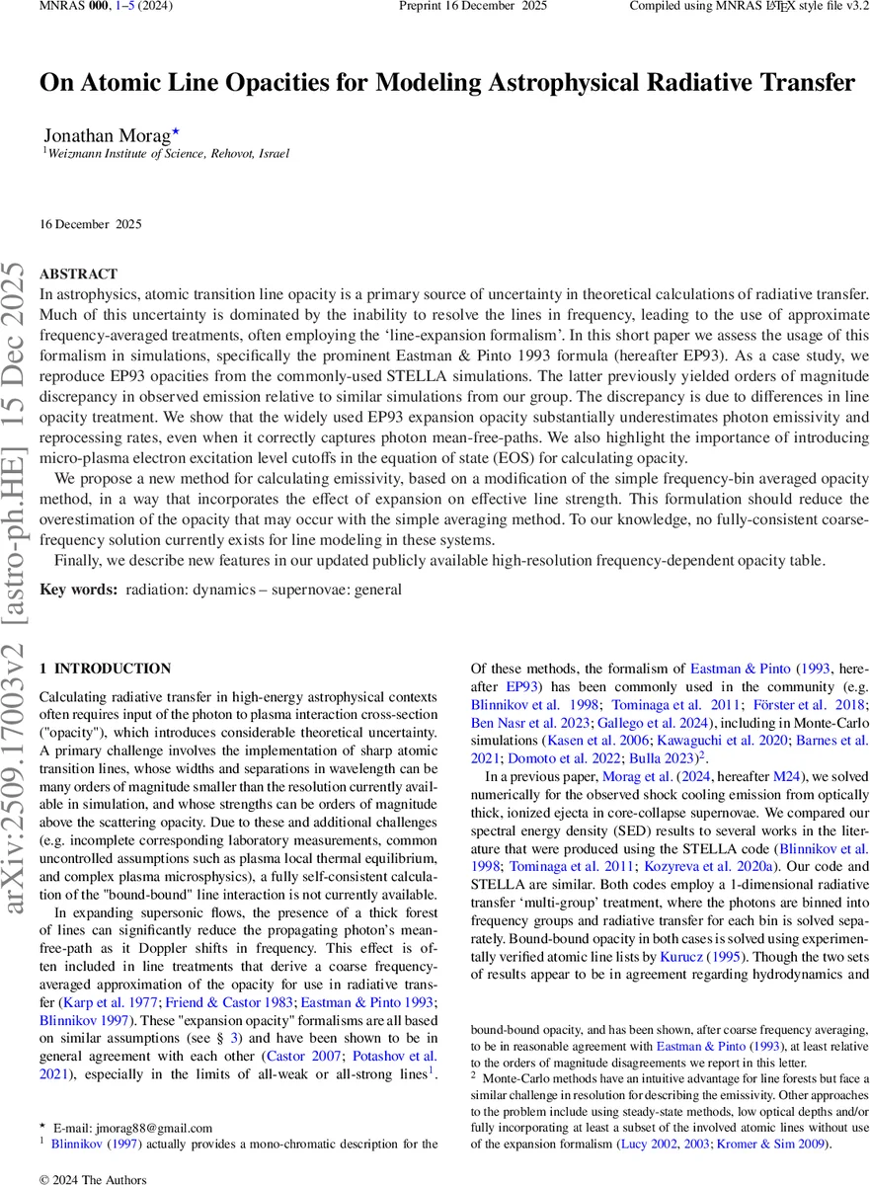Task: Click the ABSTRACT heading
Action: pyautogui.click(x=78, y=274)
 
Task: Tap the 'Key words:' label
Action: pyautogui.click(x=79, y=590)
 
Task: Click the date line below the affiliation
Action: pyautogui.click(x=90, y=224)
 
